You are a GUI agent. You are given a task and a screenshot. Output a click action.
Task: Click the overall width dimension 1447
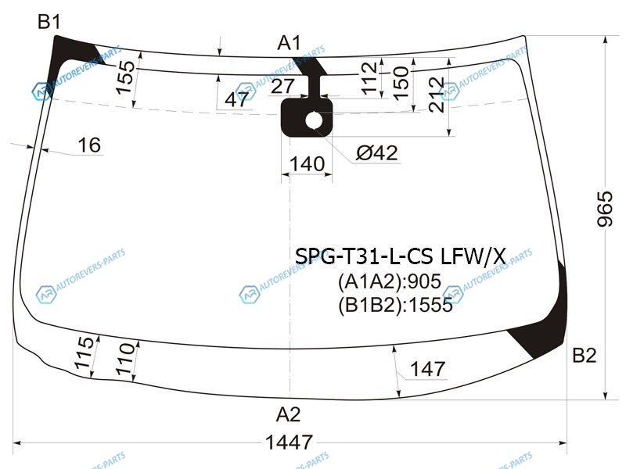(x=289, y=442)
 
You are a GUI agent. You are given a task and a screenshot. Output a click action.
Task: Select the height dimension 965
(x=605, y=209)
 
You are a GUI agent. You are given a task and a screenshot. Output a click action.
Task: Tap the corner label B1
(x=49, y=21)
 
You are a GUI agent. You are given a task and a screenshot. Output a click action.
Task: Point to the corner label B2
(x=584, y=355)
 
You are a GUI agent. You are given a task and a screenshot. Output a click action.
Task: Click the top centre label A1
(x=289, y=43)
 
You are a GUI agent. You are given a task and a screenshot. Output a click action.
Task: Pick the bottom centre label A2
(x=288, y=414)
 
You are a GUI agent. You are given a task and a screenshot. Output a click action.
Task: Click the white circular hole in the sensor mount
(x=314, y=121)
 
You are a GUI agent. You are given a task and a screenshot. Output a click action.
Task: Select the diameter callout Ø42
(x=377, y=152)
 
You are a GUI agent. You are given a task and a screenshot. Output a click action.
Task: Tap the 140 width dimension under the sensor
(x=307, y=164)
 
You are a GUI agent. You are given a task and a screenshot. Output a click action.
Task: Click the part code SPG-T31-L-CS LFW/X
(x=401, y=256)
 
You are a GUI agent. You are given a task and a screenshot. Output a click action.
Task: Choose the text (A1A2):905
(x=389, y=281)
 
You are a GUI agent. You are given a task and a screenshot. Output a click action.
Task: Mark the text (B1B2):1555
(x=395, y=306)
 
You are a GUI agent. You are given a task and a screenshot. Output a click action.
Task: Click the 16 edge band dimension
(x=89, y=145)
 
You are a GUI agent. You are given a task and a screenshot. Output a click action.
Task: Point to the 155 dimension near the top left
(x=126, y=77)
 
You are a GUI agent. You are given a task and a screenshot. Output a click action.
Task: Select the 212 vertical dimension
(x=436, y=95)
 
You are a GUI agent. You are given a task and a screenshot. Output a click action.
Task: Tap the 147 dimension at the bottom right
(x=427, y=369)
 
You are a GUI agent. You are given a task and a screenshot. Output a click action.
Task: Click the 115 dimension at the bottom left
(x=85, y=353)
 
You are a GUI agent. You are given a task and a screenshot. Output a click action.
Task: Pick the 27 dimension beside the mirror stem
(x=282, y=86)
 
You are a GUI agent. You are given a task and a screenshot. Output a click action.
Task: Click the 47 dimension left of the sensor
(x=237, y=99)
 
